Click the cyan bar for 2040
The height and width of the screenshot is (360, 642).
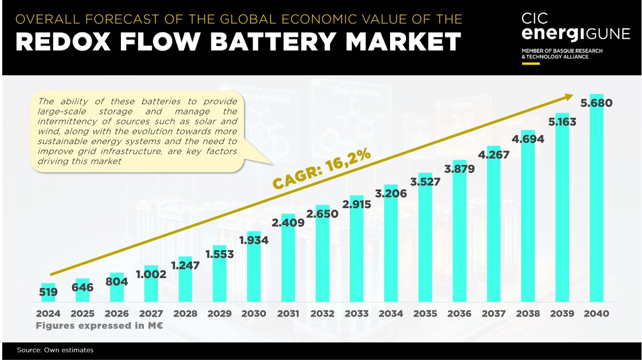click(596, 209)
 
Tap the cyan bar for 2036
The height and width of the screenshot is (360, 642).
click(460, 235)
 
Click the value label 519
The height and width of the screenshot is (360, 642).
click(48, 292)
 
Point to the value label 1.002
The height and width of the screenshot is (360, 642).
click(151, 274)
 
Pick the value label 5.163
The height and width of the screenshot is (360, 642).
click(561, 122)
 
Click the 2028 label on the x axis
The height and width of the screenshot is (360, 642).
click(185, 314)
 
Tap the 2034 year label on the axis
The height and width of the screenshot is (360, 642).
click(391, 314)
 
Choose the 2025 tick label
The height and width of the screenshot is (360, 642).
click(82, 314)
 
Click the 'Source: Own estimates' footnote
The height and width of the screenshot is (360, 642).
click(55, 350)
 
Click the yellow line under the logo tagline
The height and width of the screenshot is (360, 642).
click(531, 63)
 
